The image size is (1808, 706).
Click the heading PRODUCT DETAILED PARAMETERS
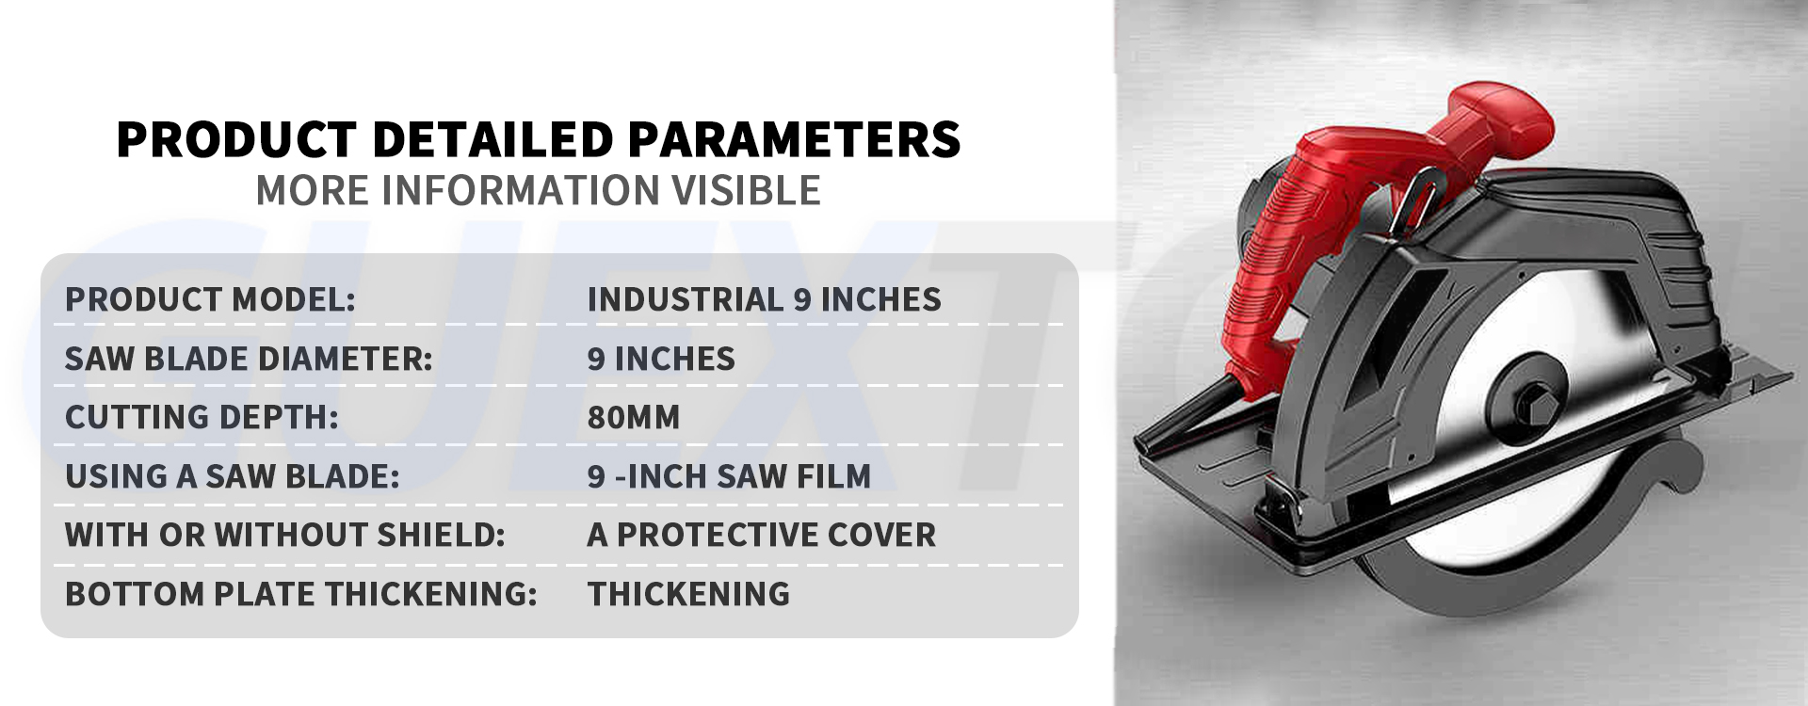(538, 139)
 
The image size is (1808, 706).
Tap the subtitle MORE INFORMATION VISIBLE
(538, 190)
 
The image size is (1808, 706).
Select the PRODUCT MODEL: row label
(210, 299)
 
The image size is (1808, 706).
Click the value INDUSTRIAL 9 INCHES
(764, 299)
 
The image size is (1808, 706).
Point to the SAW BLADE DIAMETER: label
(249, 359)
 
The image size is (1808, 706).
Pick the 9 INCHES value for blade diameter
(661, 359)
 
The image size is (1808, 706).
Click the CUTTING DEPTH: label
(202, 417)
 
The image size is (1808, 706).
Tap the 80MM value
(634, 417)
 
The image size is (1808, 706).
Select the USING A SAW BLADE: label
(233, 476)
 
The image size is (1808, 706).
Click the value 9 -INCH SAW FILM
(729, 476)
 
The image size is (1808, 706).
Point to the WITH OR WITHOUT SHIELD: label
(284, 535)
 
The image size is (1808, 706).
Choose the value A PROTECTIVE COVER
(762, 535)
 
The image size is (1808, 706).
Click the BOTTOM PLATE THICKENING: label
(300, 594)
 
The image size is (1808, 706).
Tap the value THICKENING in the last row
(688, 594)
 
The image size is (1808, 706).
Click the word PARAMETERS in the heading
(794, 139)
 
